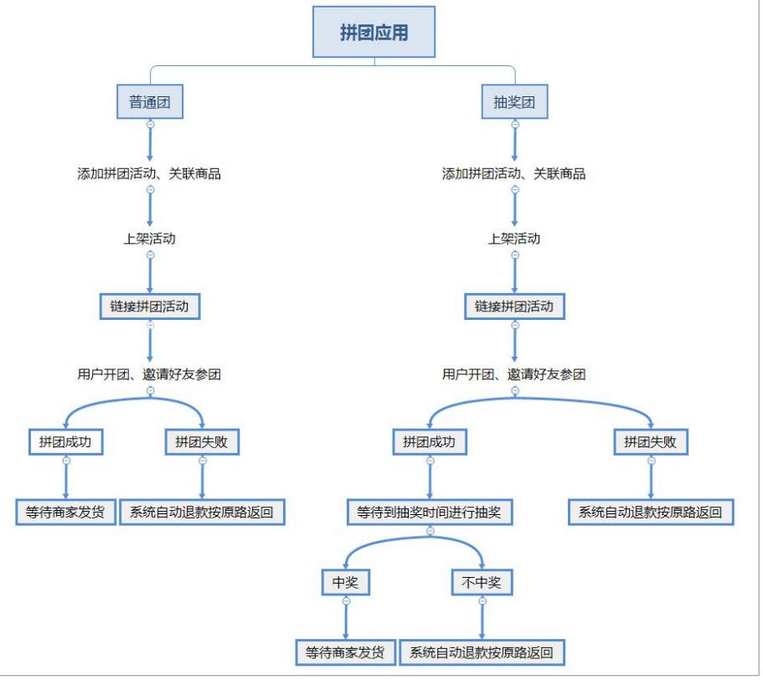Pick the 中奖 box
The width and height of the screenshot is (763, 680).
[345, 582]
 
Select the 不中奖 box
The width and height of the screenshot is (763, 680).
[482, 582]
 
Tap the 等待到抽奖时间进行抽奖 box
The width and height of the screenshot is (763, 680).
[430, 512]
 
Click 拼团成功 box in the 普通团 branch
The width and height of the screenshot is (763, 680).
[65, 442]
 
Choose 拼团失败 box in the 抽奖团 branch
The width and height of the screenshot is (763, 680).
[650, 442]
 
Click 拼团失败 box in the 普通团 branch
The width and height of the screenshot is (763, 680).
[202, 442]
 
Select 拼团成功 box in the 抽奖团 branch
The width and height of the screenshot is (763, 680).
[430, 442]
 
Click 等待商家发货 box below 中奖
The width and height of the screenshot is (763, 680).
[345, 652]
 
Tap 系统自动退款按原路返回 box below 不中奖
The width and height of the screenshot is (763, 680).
[482, 652]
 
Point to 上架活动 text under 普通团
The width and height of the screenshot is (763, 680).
[150, 238]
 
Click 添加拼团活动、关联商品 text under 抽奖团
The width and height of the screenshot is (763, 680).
[514, 173]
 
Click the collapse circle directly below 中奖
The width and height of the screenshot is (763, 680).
[345, 600]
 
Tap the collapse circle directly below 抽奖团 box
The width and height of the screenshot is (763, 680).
[514, 124]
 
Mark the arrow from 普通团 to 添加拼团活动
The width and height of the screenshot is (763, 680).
[150, 144]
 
